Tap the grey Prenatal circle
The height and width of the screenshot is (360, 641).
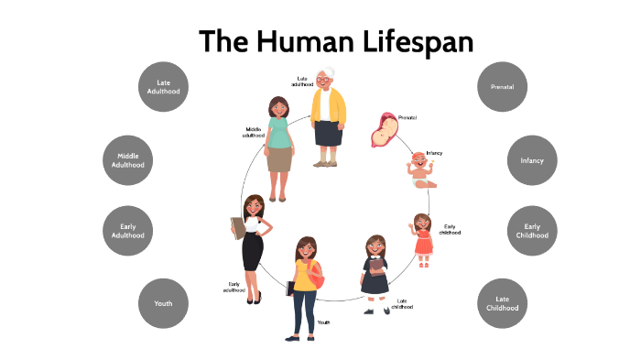tap(503, 87)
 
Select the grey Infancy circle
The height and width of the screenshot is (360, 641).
tap(532, 160)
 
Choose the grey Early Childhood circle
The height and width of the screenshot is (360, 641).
tap(532, 231)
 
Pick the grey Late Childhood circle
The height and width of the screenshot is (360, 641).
tap(503, 303)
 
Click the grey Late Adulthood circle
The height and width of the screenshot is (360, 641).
tap(163, 87)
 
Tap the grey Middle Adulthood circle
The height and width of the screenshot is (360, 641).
tap(128, 160)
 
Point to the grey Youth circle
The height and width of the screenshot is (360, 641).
tap(163, 303)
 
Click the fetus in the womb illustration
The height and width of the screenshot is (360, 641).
tap(383, 129)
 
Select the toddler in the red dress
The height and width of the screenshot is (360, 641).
tap(423, 238)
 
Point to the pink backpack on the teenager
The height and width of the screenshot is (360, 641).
tap(317, 272)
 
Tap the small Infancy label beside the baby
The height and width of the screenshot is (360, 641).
tap(434, 153)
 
